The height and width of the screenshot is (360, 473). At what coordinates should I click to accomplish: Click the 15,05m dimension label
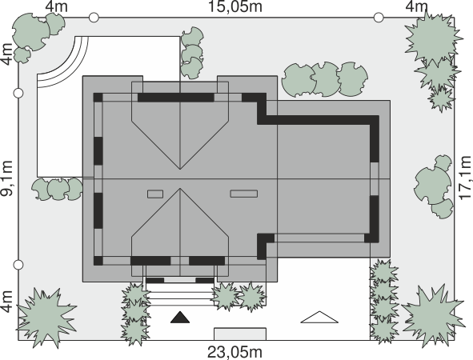235,7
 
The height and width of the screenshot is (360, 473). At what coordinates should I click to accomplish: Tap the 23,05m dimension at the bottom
234,352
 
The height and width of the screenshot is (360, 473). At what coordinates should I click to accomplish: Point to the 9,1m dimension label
7,178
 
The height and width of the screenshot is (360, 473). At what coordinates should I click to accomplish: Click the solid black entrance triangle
180,317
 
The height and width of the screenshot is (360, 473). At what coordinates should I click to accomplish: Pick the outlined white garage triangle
319,317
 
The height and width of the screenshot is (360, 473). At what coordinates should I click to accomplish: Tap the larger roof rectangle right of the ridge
244,194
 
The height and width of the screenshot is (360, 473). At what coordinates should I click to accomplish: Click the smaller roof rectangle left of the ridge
155,194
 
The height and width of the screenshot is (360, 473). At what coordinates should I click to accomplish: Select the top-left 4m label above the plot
56,6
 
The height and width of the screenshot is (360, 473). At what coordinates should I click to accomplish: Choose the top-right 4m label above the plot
417,6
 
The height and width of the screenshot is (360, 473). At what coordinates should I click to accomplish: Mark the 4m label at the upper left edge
7,54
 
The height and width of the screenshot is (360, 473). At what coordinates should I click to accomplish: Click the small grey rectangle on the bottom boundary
240,334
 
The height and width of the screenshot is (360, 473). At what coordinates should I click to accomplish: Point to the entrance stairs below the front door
180,294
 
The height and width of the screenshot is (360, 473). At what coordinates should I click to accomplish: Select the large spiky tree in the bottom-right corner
432,315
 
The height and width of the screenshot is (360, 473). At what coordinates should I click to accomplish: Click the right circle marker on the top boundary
379,18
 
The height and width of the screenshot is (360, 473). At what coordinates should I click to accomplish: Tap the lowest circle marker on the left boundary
18,265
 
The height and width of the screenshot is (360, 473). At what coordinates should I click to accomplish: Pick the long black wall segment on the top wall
176,98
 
